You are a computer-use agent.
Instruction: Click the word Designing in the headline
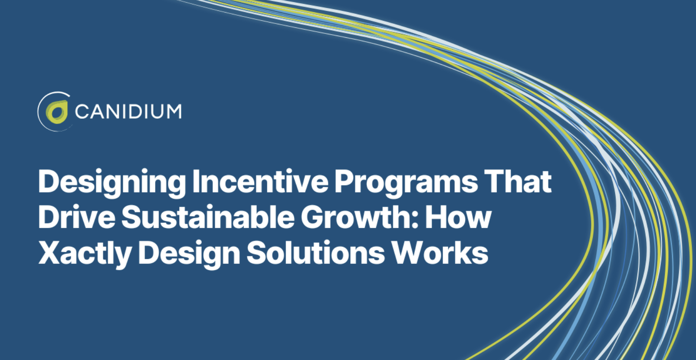(x=112, y=182)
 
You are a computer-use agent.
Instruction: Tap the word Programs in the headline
(x=406, y=182)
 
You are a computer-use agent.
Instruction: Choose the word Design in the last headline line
(x=189, y=253)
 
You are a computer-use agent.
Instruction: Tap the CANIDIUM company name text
(x=128, y=111)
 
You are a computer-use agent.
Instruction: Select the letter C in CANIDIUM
(x=82, y=111)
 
